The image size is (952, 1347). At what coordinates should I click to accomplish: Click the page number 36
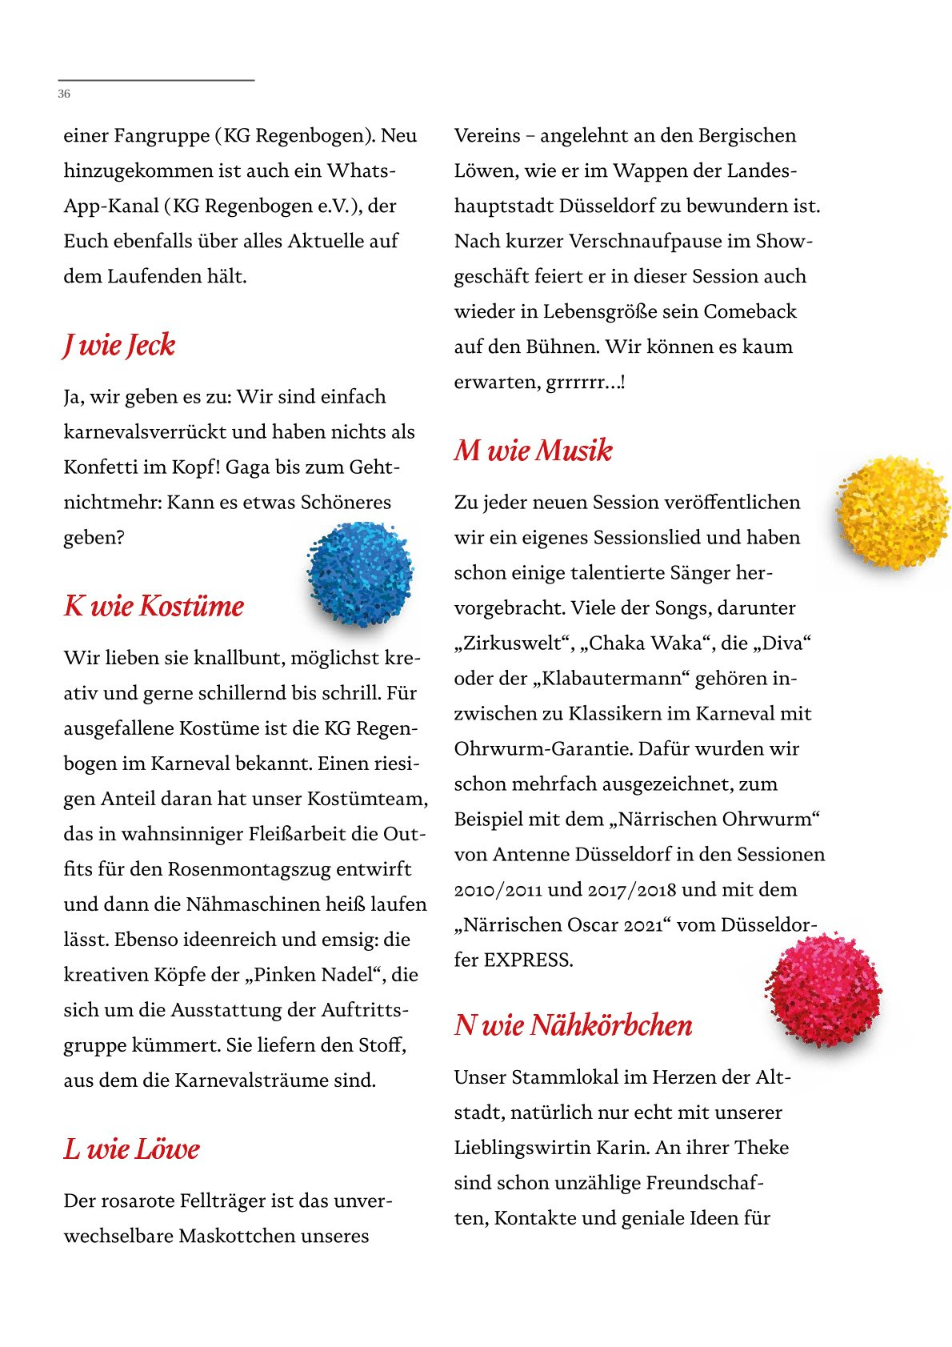coord(64,94)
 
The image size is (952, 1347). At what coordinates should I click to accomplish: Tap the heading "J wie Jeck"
coord(119,345)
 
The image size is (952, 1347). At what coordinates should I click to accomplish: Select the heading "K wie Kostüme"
coord(154,606)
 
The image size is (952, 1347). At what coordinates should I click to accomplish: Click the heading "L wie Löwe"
coord(132,1149)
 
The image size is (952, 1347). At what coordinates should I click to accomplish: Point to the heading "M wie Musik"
coord(533,450)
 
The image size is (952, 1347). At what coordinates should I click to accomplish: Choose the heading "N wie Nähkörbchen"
coord(573,1024)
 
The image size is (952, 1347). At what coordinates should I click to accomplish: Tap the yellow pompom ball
coord(892,512)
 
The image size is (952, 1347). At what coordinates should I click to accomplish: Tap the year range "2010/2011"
coord(498,889)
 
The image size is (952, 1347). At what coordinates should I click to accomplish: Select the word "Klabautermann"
coord(612,678)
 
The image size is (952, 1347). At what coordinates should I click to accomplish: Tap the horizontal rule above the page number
coord(156,80)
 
